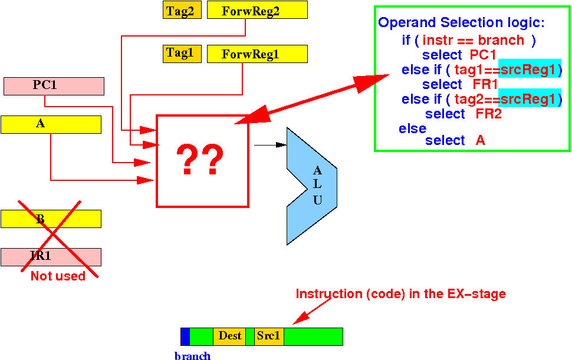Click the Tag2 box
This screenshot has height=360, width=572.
pyautogui.click(x=182, y=10)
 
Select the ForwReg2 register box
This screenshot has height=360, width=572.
pyautogui.click(x=257, y=10)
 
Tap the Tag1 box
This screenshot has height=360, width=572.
pyautogui.click(x=182, y=54)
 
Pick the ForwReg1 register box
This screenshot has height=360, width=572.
pyautogui.click(x=257, y=54)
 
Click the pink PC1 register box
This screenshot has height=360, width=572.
pyautogui.click(x=54, y=87)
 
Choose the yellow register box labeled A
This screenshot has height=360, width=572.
pyautogui.click(x=51, y=125)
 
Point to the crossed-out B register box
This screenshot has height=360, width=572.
pyautogui.click(x=51, y=219)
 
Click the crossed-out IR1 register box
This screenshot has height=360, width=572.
pyautogui.click(x=51, y=257)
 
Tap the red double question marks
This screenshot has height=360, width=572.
pyautogui.click(x=200, y=160)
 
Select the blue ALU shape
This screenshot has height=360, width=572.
pyautogui.click(x=311, y=186)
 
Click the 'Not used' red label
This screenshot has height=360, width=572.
pyautogui.click(x=58, y=276)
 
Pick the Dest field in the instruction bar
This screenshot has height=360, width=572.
pyautogui.click(x=229, y=336)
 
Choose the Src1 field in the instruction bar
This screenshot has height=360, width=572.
pyautogui.click(x=269, y=336)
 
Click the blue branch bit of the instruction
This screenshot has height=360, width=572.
pyautogui.click(x=185, y=336)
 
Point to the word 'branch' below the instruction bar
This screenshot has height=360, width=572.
pyautogui.click(x=193, y=355)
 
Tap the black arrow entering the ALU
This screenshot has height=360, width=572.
pyautogui.click(x=270, y=145)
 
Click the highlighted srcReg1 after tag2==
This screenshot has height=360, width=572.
pyautogui.click(x=528, y=99)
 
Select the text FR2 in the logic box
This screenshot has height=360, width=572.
pyautogui.click(x=488, y=114)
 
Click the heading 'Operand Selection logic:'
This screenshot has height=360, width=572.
pyautogui.click(x=462, y=22)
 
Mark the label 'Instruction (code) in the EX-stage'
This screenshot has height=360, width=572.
pyautogui.click(x=400, y=293)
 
